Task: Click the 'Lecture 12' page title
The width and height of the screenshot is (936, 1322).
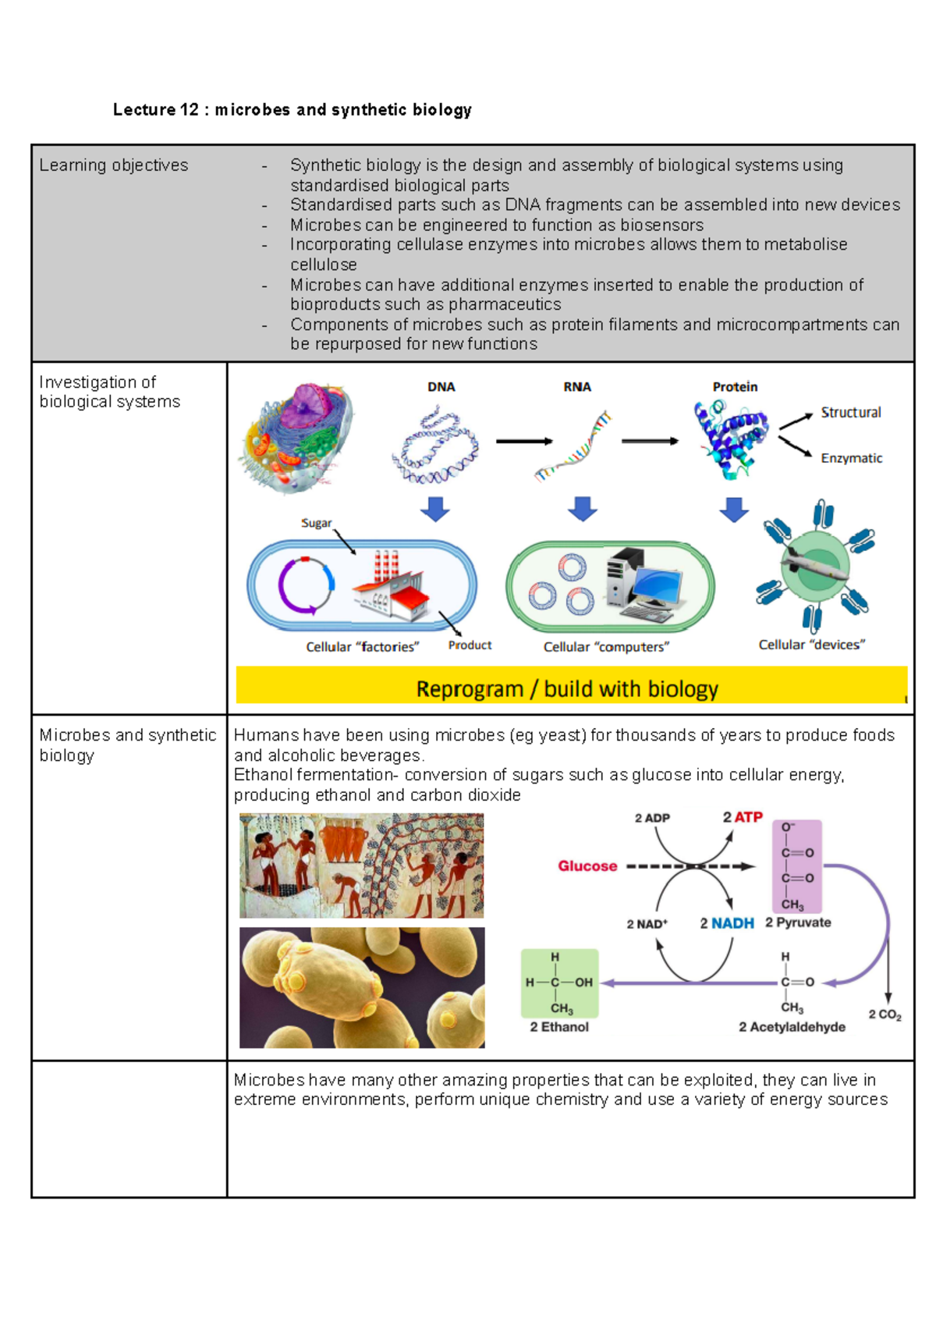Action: pos(292,110)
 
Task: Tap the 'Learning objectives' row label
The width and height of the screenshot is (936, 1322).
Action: pos(114,165)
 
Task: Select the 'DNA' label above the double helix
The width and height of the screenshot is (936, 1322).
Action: pos(441,387)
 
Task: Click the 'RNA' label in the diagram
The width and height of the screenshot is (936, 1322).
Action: pos(577,387)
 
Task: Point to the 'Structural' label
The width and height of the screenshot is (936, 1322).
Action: pos(850,413)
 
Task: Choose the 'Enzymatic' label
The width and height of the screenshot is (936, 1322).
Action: pos(851,458)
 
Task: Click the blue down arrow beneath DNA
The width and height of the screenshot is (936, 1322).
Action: pos(435,510)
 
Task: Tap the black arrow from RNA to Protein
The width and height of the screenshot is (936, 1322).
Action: pos(649,442)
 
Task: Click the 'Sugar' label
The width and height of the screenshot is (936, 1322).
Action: pos(317,523)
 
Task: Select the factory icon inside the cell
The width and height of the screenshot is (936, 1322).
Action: pos(390,587)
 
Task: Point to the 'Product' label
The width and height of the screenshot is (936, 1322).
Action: pos(470,645)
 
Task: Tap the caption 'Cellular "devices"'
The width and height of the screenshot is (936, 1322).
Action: pos(812,645)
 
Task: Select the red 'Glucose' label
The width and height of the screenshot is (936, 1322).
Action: pos(587,866)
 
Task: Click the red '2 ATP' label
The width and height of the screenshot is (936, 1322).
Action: pos(742,817)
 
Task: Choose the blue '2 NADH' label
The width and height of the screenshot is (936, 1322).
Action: pos(727,923)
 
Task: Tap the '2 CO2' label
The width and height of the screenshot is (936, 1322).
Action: pos(885,1015)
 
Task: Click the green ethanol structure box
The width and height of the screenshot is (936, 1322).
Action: pos(559,983)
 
